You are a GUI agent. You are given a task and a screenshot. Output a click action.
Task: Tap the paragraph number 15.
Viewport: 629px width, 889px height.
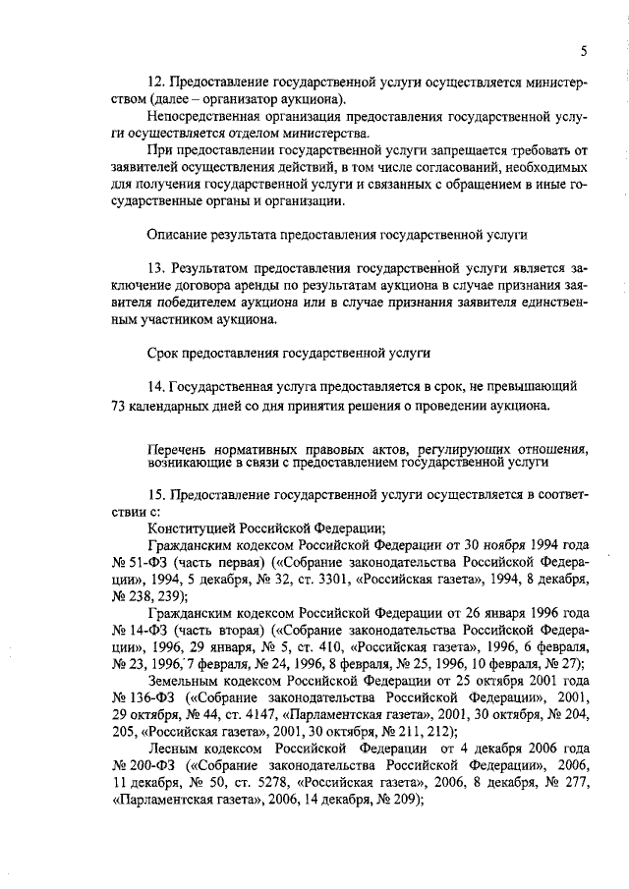point(154,496)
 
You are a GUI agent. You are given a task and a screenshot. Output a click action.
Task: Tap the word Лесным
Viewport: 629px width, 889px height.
point(171,752)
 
